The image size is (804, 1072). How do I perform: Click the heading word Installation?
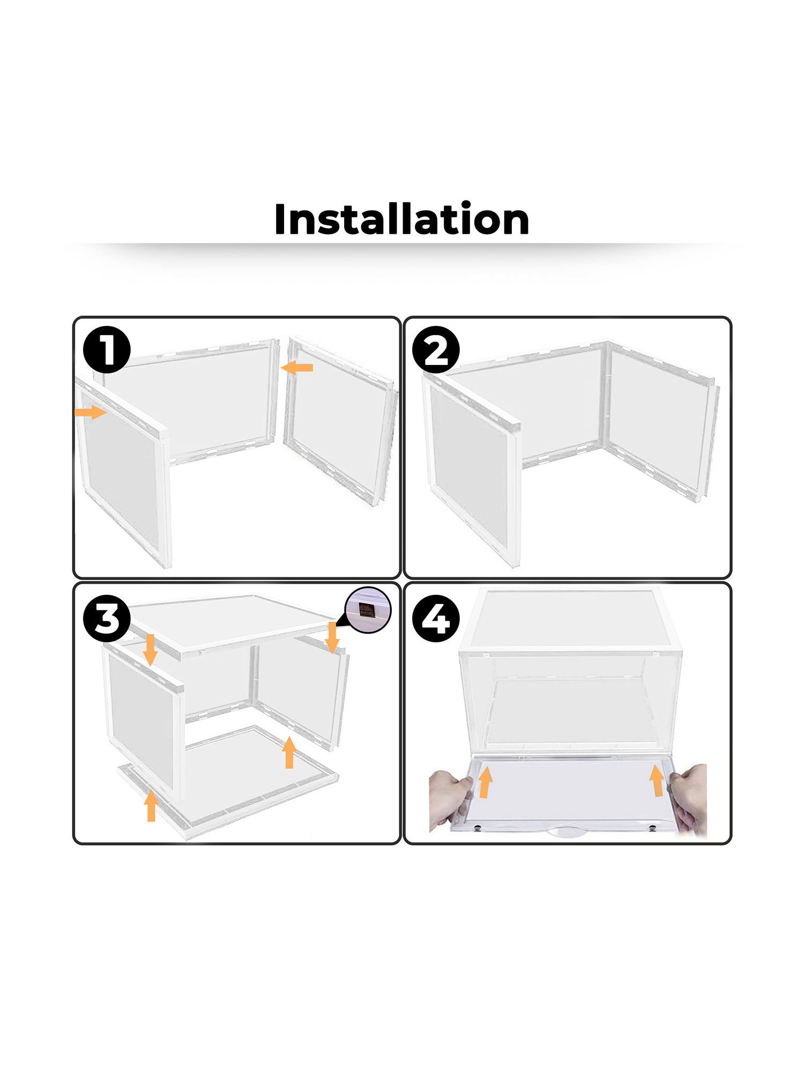coord(401,220)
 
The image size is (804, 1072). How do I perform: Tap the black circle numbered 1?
coord(107,349)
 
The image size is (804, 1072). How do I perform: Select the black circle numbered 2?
coord(436,349)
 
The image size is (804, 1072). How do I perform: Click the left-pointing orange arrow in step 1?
coord(297,368)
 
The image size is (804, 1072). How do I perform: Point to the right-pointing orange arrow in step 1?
coord(90,412)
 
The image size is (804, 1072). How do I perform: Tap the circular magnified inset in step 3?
coord(368,610)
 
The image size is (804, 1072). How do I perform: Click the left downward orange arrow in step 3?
coord(150,650)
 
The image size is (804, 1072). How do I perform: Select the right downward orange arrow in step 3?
coord(332,638)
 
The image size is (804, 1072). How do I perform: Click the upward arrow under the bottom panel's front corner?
coord(151,806)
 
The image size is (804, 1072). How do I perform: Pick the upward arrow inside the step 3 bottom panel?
coord(289,752)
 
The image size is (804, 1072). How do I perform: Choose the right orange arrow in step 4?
coord(657,780)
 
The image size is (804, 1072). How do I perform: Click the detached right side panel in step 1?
coord(340,421)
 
